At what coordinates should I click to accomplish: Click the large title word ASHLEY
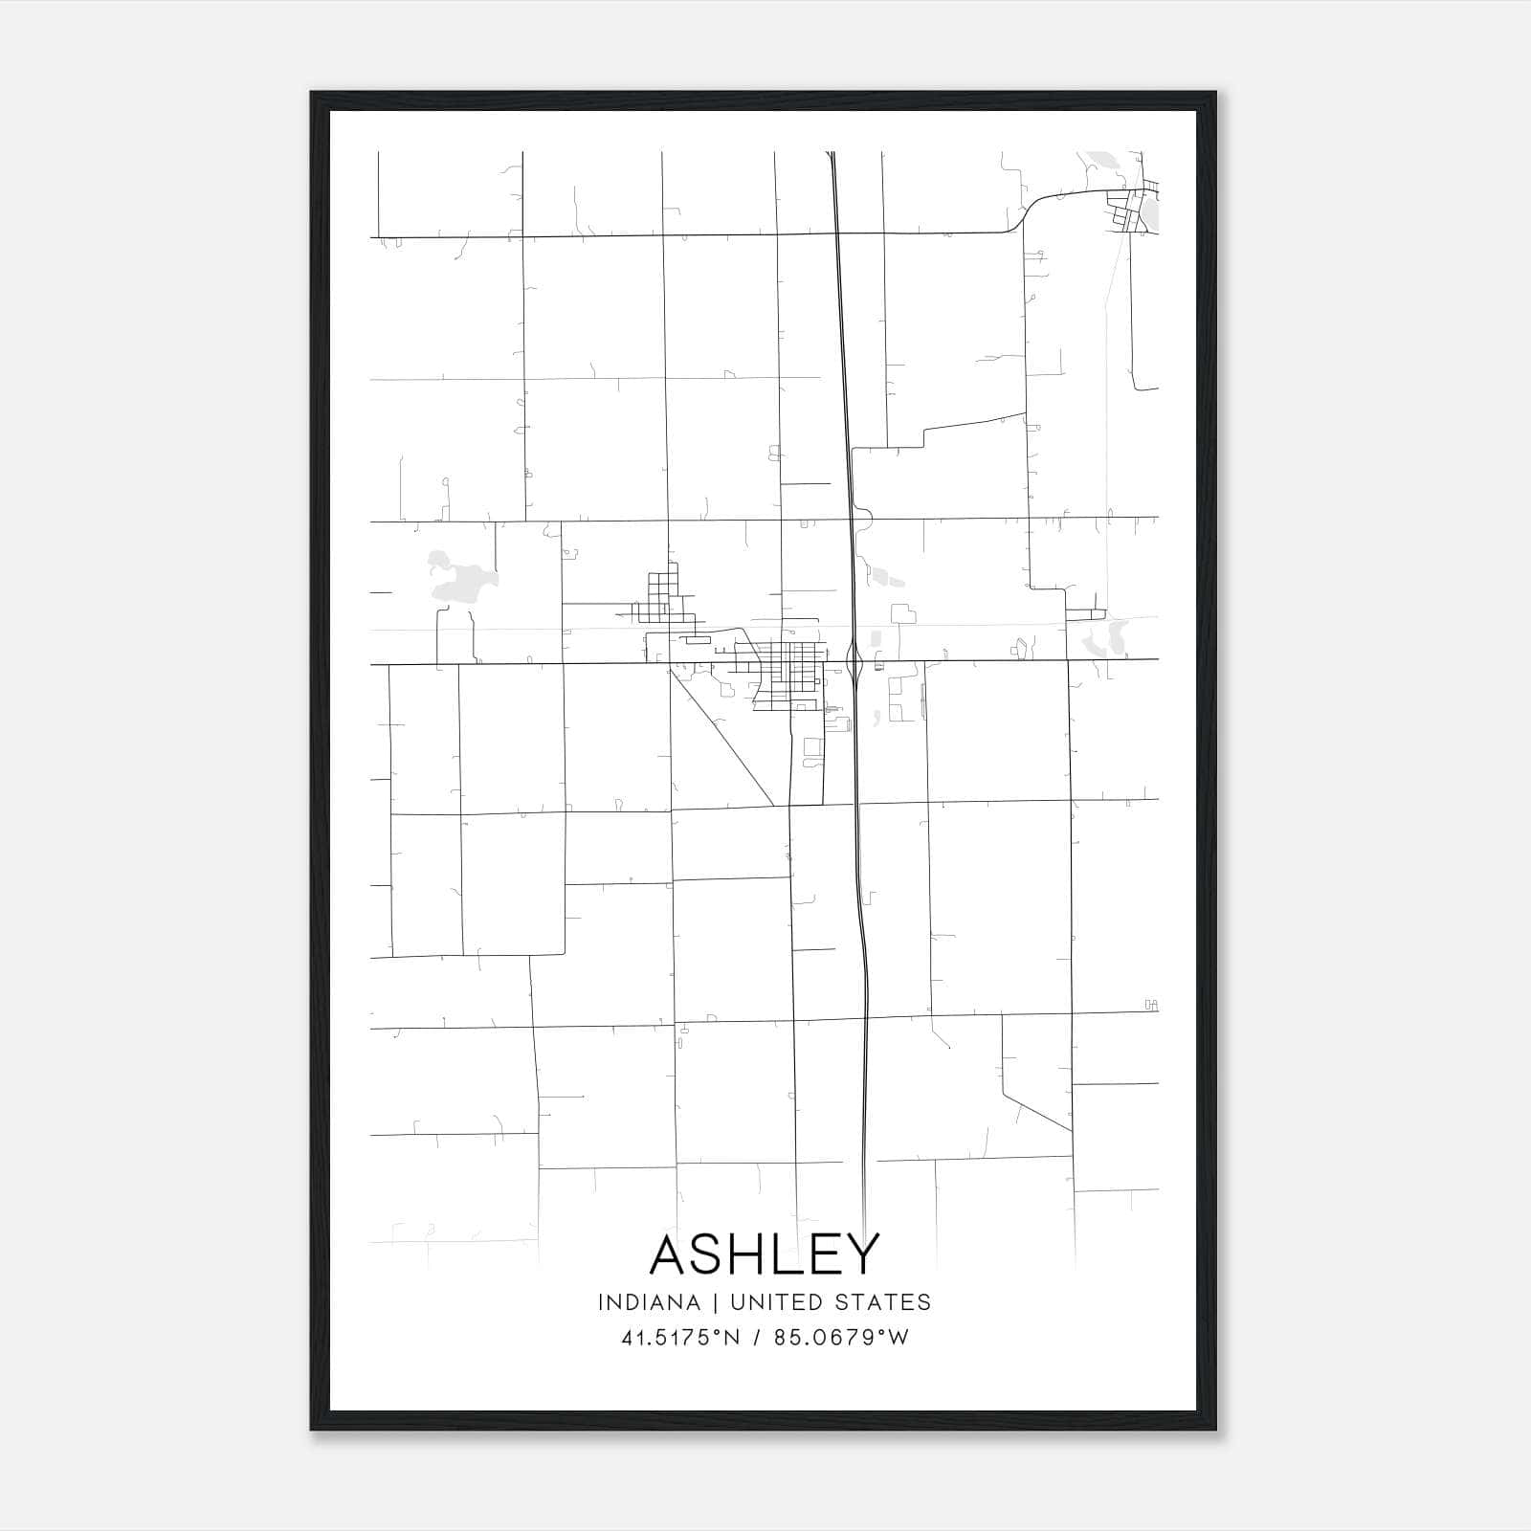point(764,1254)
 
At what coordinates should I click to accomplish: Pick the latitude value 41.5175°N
point(680,1338)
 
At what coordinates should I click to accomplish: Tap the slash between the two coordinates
point(758,1338)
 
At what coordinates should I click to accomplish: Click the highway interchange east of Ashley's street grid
point(858,662)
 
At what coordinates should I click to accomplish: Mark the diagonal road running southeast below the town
point(722,737)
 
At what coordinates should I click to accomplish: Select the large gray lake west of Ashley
point(457,580)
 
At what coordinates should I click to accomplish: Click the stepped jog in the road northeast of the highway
point(924,437)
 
